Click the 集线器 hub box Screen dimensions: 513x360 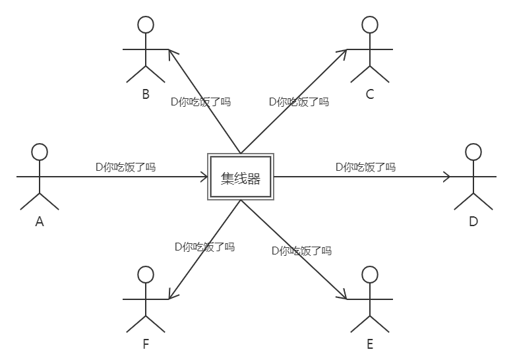coord(241,177)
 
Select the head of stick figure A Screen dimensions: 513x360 coord(40,152)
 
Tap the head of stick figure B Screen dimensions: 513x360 coord(146,25)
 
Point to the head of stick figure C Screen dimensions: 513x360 coord(370,25)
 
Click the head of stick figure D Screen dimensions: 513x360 coord(473,152)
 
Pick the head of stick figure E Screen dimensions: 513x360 coord(370,274)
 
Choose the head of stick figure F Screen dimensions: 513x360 coord(146,274)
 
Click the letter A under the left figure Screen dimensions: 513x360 coord(40,222)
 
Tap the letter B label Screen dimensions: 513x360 coord(146,94)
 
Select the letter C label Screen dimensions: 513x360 coord(370,94)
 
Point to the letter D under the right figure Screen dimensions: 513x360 coord(473,222)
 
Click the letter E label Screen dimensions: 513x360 coord(370,344)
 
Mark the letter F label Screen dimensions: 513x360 coord(146,344)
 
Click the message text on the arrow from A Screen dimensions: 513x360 coord(125,167)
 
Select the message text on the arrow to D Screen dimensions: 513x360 coord(365,167)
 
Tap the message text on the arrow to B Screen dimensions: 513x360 coord(200,102)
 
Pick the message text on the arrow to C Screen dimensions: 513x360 coord(299,102)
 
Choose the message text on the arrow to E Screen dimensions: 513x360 coord(301,251)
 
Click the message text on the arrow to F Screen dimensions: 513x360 coord(204,247)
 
